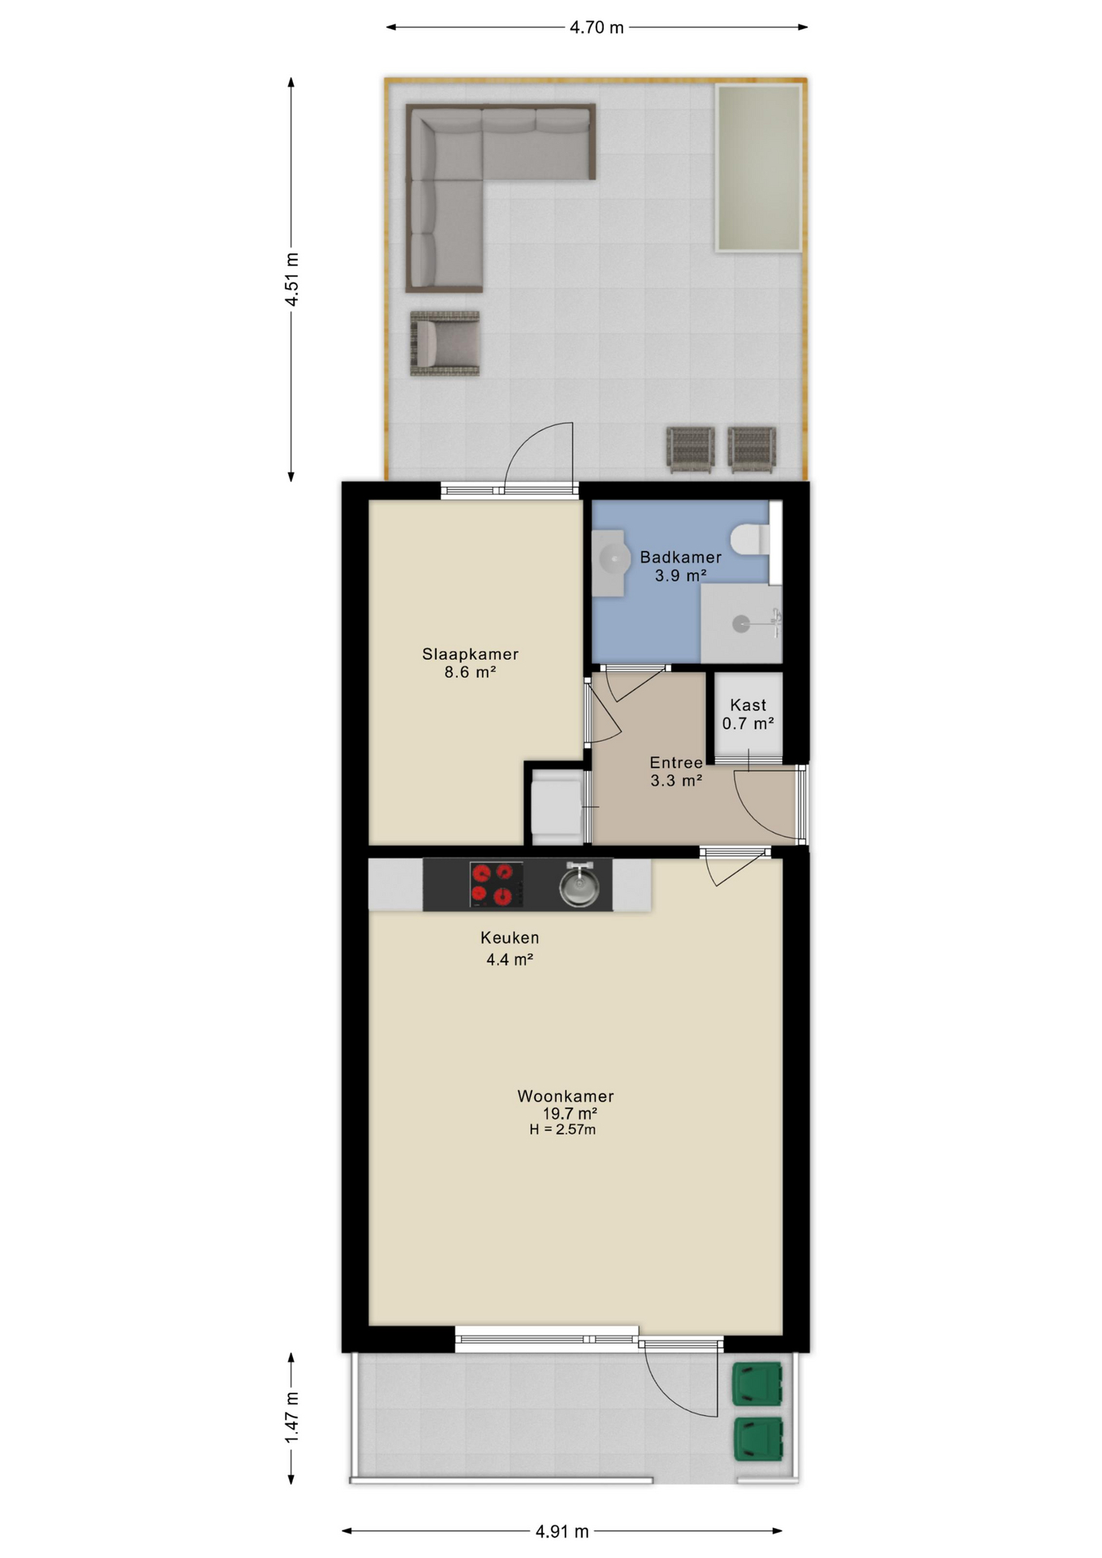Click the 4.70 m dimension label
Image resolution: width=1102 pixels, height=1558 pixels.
pyautogui.click(x=596, y=28)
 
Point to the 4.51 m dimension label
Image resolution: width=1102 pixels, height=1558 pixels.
pyautogui.click(x=291, y=279)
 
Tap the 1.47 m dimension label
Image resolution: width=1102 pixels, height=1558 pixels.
pyautogui.click(x=291, y=1418)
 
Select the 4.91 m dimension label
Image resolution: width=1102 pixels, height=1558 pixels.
pyautogui.click(x=562, y=1531)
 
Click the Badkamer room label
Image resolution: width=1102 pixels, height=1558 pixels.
pyautogui.click(x=681, y=557)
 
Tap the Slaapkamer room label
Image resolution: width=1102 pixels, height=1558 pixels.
pyautogui.click(x=470, y=654)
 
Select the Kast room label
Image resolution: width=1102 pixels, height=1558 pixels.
pyautogui.click(x=748, y=705)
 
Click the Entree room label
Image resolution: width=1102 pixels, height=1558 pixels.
pyautogui.click(x=676, y=763)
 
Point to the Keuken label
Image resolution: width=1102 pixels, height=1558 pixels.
pyautogui.click(x=510, y=938)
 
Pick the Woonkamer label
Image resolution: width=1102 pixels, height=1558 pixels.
pyautogui.click(x=566, y=1096)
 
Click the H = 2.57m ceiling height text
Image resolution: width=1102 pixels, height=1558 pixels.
pyautogui.click(x=562, y=1130)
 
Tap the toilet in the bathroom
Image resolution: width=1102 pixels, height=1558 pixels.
pyautogui.click(x=749, y=539)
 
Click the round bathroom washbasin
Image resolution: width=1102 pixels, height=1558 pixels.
pyautogui.click(x=614, y=558)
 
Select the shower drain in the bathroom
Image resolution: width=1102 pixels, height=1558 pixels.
pyautogui.click(x=741, y=623)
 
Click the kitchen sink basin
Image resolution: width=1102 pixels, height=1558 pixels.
pyautogui.click(x=579, y=886)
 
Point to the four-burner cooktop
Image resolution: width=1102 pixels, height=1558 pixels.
pyautogui.click(x=496, y=884)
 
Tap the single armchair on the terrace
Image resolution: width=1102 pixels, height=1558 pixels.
pyautogui.click(x=445, y=343)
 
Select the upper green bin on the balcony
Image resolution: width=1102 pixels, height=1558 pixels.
pyautogui.click(x=758, y=1384)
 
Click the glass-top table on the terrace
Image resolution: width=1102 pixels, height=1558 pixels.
pyautogui.click(x=759, y=168)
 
